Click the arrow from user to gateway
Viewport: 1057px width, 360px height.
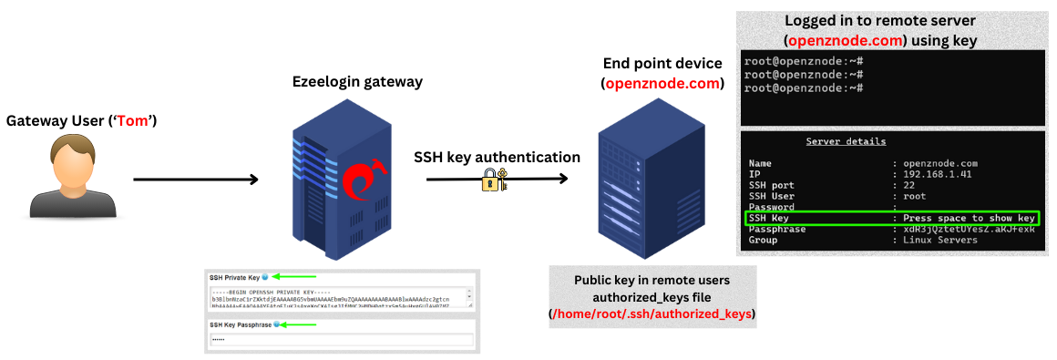(196, 180)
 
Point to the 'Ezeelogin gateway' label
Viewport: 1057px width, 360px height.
(357, 82)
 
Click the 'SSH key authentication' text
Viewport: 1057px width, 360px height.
(497, 157)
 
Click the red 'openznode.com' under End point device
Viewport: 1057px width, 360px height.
(662, 83)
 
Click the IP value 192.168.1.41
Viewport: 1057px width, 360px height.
(939, 173)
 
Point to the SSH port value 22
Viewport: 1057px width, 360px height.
(906, 185)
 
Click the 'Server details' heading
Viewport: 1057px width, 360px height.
(845, 142)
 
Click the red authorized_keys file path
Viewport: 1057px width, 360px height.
(652, 314)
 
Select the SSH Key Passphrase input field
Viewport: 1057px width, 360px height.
(342, 340)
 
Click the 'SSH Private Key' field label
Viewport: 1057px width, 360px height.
(234, 277)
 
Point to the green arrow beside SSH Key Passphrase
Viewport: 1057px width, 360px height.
(299, 324)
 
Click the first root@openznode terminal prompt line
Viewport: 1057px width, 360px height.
(803, 61)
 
